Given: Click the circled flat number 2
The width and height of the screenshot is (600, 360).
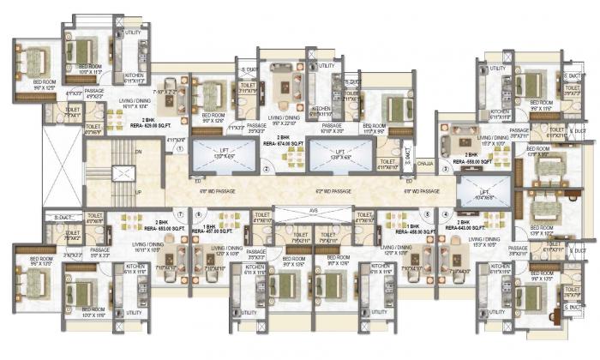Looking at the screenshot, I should click(x=267, y=170).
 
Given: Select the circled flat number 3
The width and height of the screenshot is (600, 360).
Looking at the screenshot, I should click(x=446, y=169).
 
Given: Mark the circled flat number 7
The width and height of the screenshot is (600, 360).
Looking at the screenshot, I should click(x=179, y=213).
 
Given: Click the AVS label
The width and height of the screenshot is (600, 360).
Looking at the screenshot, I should click(x=313, y=209).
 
